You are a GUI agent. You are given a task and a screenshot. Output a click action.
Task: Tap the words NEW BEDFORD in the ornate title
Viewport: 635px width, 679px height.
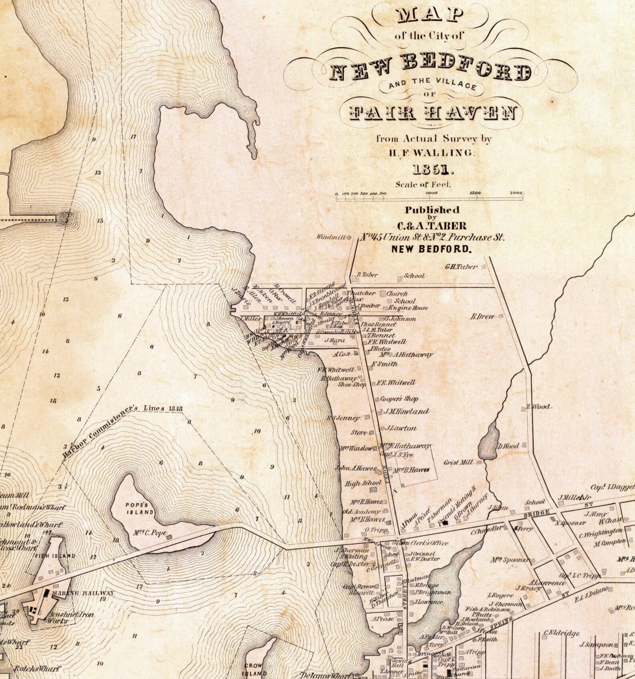(430, 72)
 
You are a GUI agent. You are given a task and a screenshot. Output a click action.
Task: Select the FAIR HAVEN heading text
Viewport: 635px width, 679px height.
(427, 113)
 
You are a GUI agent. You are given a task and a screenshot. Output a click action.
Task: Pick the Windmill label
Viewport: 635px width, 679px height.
(330, 237)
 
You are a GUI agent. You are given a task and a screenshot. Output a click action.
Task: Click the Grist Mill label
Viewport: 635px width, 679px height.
(458, 462)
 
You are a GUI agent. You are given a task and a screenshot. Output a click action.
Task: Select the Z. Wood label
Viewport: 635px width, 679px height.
(539, 407)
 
